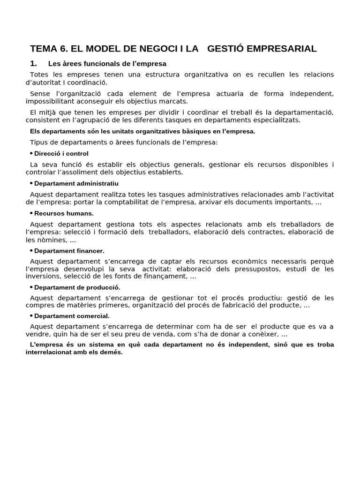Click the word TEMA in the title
(x=42, y=49)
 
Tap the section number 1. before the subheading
(x=33, y=63)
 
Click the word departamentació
(x=304, y=112)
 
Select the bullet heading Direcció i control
(x=61, y=153)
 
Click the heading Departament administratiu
(x=76, y=183)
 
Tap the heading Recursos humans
(x=64, y=213)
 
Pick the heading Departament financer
(x=69, y=251)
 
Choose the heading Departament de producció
(x=77, y=287)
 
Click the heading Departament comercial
(x=72, y=316)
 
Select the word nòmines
(x=52, y=240)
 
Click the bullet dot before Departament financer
(x=31, y=251)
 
